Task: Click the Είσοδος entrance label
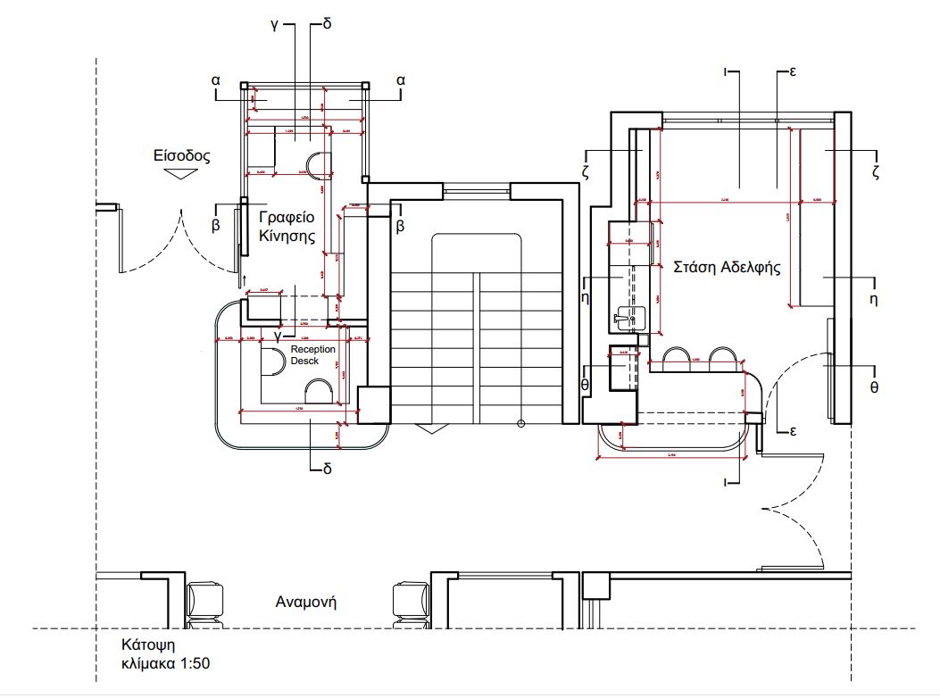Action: pyautogui.click(x=181, y=155)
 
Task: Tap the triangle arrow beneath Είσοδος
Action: pyautogui.click(x=181, y=175)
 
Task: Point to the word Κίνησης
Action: pyautogui.click(x=287, y=237)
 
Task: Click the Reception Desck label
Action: pyautogui.click(x=313, y=354)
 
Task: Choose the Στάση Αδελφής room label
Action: pyautogui.click(x=727, y=266)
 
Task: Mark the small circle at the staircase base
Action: pyautogui.click(x=520, y=424)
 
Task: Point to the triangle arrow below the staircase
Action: pyautogui.click(x=431, y=428)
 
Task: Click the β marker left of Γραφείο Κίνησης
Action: pyautogui.click(x=215, y=226)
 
